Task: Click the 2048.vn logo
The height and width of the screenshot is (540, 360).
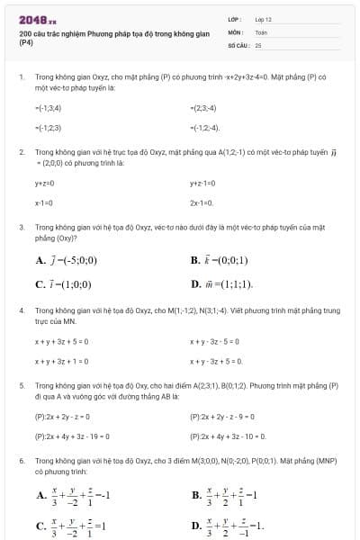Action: click(x=37, y=20)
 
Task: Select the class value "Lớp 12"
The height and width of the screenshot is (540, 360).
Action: click(x=263, y=19)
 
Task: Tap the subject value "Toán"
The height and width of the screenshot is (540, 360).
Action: click(x=261, y=31)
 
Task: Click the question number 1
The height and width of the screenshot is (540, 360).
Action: click(x=21, y=78)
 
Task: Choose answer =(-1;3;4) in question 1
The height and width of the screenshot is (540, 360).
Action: click(x=48, y=108)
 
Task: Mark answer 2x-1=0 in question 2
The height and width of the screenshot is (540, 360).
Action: click(x=202, y=202)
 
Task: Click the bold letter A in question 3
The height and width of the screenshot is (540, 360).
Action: click(x=40, y=261)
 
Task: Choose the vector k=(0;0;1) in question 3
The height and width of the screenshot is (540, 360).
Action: click(x=224, y=261)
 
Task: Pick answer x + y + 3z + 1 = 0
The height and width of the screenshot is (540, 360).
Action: click(x=61, y=361)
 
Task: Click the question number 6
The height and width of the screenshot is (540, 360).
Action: click(x=21, y=460)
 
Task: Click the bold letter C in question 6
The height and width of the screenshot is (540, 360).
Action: click(x=40, y=526)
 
